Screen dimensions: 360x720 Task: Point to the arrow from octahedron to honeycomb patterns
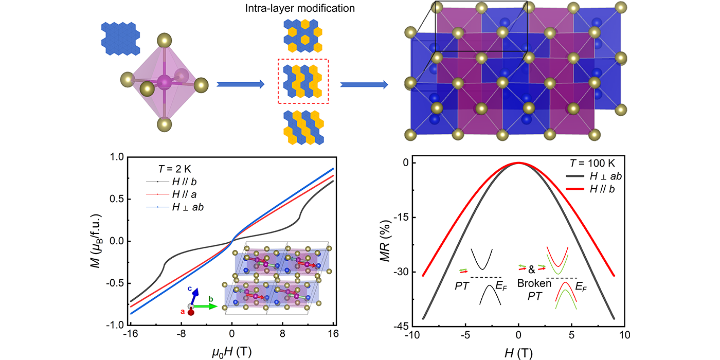tap(240, 84)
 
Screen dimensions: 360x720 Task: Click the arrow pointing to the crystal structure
tap(364, 84)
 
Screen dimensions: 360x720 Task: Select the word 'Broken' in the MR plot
tap(530, 283)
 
